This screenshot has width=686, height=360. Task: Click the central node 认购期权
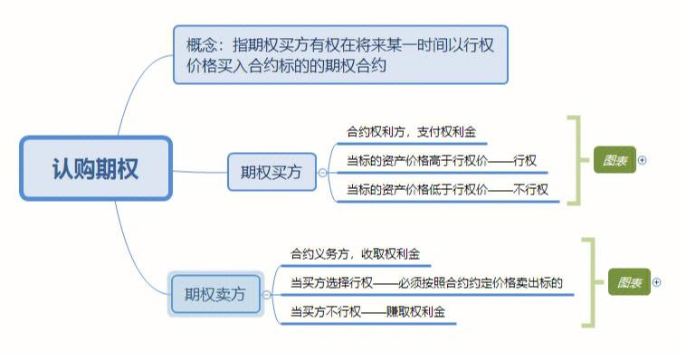click(x=95, y=168)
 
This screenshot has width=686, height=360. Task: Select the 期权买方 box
click(x=271, y=171)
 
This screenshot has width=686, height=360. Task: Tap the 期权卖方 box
click(x=214, y=294)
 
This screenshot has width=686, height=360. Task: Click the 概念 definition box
click(x=339, y=54)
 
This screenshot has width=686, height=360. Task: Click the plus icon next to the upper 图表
click(x=643, y=160)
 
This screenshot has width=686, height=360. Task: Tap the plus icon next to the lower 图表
click(x=657, y=282)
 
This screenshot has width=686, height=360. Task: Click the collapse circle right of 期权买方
click(x=323, y=172)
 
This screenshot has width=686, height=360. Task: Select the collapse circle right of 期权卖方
click(x=267, y=294)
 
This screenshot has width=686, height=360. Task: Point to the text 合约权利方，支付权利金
click(x=411, y=132)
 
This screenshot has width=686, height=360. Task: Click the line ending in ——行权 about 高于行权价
click(x=442, y=161)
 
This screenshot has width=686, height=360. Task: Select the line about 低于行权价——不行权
click(x=447, y=190)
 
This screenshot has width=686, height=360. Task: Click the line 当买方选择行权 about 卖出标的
click(x=426, y=283)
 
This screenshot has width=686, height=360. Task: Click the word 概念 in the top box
click(x=203, y=43)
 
